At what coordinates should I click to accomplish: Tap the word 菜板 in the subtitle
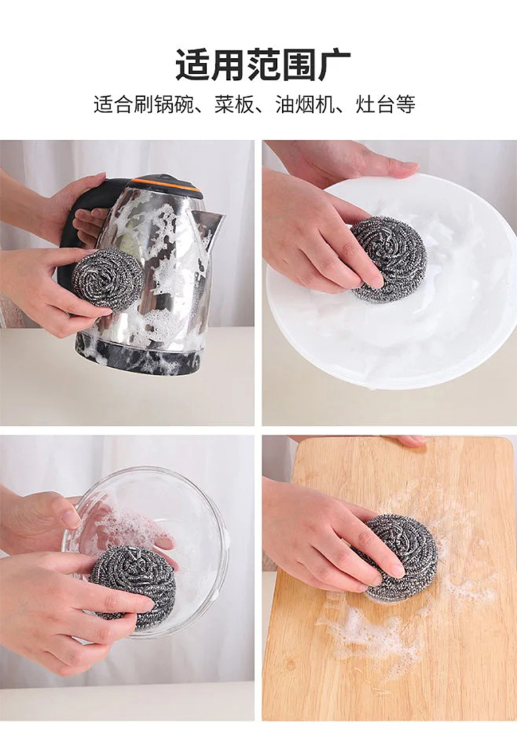[x=234, y=105]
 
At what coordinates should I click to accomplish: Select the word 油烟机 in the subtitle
[x=305, y=105]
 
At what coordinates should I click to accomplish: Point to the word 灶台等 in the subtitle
[x=385, y=105]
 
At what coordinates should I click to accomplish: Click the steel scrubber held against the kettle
[x=108, y=279]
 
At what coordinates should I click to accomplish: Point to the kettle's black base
[x=139, y=353]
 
